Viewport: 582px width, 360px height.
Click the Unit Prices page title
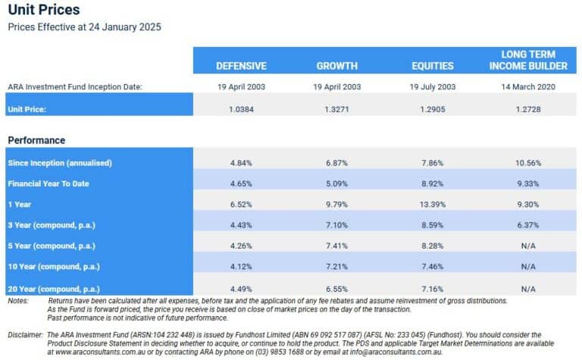(x=43, y=11)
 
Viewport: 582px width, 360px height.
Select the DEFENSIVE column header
(x=242, y=66)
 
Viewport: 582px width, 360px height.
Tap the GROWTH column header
(x=336, y=66)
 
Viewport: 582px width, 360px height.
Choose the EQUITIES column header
(x=433, y=66)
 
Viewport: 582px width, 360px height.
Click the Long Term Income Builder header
(x=528, y=60)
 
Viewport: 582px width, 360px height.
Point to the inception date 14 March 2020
(x=528, y=87)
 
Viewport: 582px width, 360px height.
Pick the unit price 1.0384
(x=242, y=109)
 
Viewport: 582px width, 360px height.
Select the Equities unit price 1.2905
(x=433, y=109)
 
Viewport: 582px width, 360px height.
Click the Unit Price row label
(x=27, y=109)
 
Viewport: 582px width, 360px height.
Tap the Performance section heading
(x=36, y=140)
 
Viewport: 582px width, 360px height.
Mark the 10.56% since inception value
(x=528, y=163)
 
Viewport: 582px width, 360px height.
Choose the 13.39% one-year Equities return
(x=433, y=205)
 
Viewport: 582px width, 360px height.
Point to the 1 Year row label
(x=20, y=205)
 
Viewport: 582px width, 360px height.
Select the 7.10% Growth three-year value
(x=336, y=225)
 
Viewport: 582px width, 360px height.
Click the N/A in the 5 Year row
(x=528, y=246)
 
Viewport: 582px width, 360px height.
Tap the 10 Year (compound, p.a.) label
(x=53, y=267)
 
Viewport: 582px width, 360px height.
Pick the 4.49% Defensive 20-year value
(x=242, y=288)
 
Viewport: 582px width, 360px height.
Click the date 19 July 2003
(x=433, y=87)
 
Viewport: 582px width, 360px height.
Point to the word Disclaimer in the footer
(x=25, y=334)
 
